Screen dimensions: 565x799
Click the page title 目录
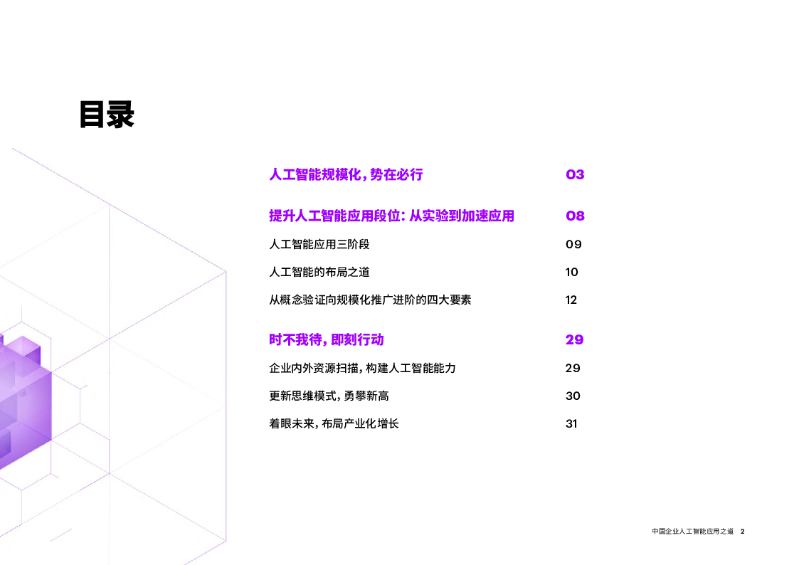click(x=107, y=115)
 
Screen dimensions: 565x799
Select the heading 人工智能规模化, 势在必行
click(x=346, y=174)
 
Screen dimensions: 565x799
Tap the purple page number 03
click(x=575, y=174)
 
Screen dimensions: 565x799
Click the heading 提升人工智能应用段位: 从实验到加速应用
click(x=391, y=216)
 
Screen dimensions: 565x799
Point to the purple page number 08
click(x=575, y=216)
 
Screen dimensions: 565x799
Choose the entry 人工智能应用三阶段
click(x=319, y=244)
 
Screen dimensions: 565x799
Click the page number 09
click(x=573, y=244)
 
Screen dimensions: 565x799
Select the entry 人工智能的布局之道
click(x=319, y=272)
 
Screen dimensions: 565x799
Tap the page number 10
click(x=572, y=272)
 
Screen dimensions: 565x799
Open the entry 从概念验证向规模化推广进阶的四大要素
click(x=370, y=300)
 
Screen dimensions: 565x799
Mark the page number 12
click(x=571, y=300)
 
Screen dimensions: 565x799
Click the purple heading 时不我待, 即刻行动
click(x=327, y=339)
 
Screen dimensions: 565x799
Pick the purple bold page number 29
click(x=574, y=339)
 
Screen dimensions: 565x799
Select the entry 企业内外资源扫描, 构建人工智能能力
click(x=362, y=368)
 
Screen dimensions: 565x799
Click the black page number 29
click(x=573, y=368)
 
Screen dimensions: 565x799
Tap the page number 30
click(x=573, y=396)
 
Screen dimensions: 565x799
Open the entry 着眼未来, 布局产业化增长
click(x=334, y=423)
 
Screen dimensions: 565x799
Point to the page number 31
click(x=571, y=423)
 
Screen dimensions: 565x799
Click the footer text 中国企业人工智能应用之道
click(x=692, y=532)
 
